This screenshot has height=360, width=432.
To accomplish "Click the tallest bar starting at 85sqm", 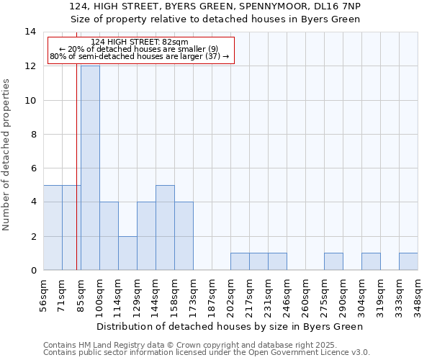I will click(x=90, y=168).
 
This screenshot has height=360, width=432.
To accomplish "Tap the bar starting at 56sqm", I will click(x=53, y=228).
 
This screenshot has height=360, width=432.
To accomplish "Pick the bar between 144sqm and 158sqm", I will click(x=165, y=228).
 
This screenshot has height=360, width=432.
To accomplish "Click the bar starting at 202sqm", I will click(x=240, y=261).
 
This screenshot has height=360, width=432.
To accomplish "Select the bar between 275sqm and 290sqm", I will click(x=333, y=261).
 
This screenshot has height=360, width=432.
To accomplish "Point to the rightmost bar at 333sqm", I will click(x=408, y=261).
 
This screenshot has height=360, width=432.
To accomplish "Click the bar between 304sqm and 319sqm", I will click(x=371, y=261).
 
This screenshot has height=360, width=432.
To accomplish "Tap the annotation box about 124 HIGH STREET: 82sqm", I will click(x=140, y=50).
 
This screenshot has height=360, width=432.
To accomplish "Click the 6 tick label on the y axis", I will click(x=32, y=168).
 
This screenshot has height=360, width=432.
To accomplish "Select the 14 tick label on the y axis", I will click(x=31, y=32).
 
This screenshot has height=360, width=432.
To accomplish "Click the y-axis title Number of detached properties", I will click(x=7, y=154).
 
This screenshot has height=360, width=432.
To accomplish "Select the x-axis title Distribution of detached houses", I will click(x=229, y=326).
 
